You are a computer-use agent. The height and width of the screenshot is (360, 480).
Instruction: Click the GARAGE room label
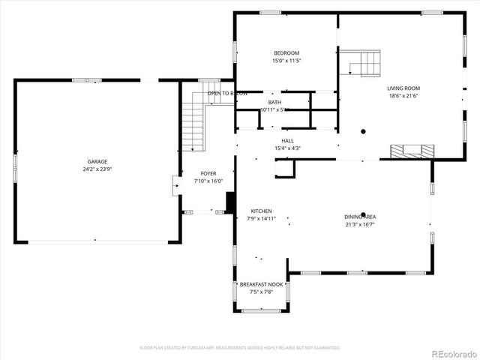coord(97,161)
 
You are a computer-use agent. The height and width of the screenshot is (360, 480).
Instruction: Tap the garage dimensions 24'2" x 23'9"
coord(97,169)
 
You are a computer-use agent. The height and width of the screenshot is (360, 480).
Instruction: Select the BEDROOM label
coord(286,52)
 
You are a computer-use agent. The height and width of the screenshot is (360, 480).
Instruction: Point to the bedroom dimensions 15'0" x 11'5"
coord(286,60)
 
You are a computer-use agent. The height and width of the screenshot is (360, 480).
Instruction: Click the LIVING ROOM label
coord(403,88)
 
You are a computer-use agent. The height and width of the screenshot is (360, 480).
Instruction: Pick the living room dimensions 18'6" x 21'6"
coord(403,95)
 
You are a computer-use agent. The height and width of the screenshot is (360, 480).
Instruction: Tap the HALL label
coord(287,140)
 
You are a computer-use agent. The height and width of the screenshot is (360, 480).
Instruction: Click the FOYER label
coord(208,173)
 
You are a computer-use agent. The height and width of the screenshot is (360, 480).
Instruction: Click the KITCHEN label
coord(261,211)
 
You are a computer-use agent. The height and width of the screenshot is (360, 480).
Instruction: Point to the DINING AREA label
coord(360,217)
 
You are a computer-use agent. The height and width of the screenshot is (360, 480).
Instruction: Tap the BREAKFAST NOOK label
coord(261,284)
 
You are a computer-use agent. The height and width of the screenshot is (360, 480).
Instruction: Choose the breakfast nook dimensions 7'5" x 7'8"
coord(261,292)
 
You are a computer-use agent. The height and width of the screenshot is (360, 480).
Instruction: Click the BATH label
coord(275,102)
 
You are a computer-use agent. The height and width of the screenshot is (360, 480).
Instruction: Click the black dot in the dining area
coord(364,214)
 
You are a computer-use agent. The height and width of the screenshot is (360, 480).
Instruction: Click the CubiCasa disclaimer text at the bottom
coord(240,347)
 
